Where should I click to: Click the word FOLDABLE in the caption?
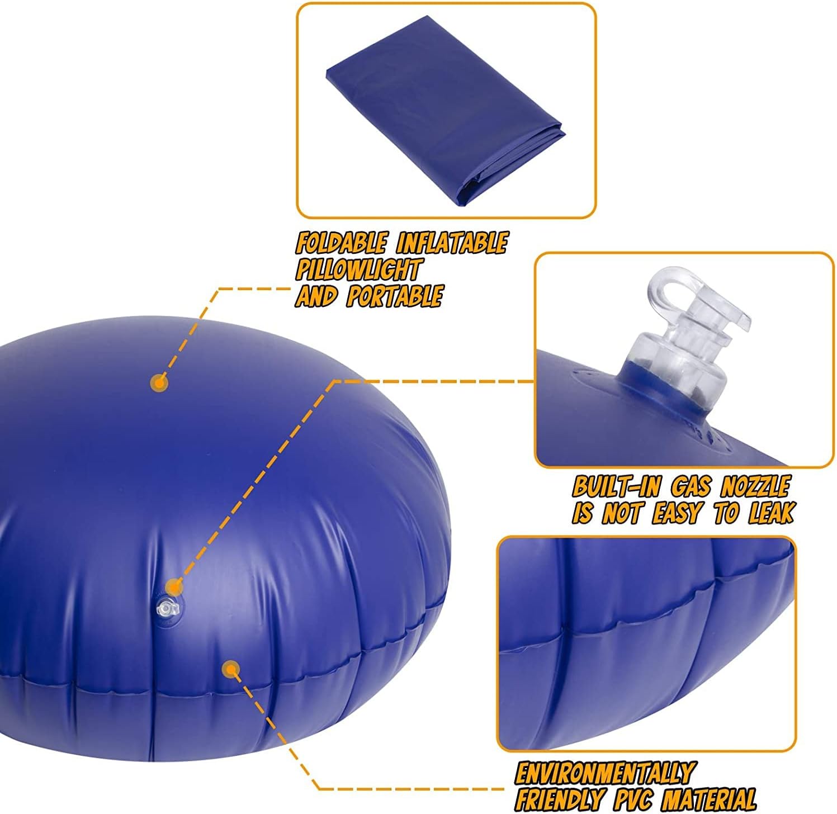point(341,244)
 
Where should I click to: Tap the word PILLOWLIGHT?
point(358,270)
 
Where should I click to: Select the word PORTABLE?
point(395,296)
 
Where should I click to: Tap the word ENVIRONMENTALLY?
point(604,774)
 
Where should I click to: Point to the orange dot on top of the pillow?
point(159,383)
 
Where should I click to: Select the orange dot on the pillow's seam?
point(230,669)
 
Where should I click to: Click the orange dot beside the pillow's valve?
point(174,588)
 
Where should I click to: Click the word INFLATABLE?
point(452,244)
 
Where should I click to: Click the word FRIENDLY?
point(559,798)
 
